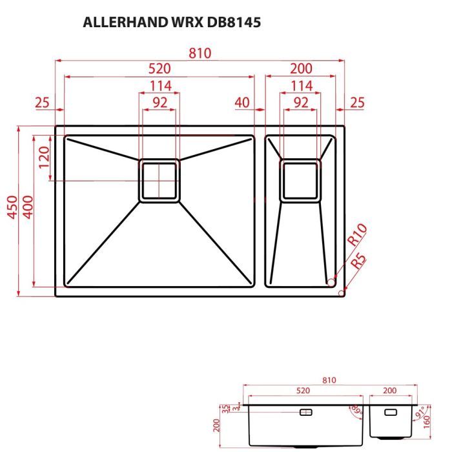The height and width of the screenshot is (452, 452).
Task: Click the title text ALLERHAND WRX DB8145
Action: tap(172, 23)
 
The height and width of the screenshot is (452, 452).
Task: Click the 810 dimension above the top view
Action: tap(200, 53)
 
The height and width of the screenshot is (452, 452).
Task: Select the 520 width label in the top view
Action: tap(159, 68)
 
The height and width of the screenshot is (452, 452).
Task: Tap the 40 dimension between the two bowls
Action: tap(242, 102)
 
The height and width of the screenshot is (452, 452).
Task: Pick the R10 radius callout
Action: tap(356, 234)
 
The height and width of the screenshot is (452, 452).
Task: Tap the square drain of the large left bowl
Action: tap(159, 180)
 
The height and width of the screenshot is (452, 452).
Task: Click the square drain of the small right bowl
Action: tap(300, 180)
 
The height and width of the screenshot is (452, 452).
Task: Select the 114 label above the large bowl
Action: tap(159, 86)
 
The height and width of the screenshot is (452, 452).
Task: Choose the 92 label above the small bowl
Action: tap(300, 102)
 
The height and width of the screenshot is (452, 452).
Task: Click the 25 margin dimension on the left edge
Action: tap(42, 102)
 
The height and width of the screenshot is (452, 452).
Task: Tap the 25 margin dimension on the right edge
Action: tap(357, 102)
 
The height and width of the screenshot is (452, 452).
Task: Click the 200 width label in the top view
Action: tap(300, 68)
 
